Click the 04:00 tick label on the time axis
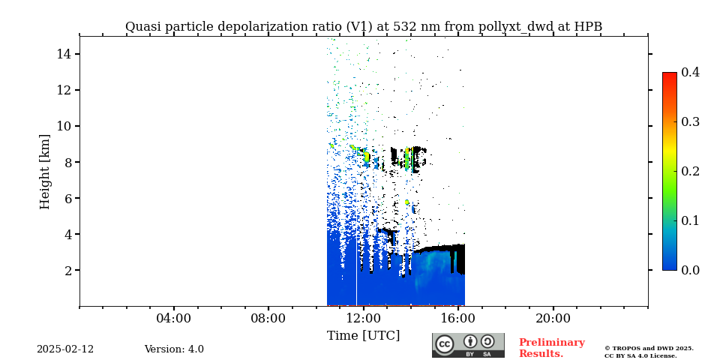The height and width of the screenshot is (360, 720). click(x=174, y=318)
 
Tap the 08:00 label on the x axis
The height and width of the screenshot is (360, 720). click(x=268, y=318)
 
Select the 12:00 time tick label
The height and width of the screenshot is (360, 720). click(x=364, y=318)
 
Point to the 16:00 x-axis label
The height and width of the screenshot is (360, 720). click(x=458, y=318)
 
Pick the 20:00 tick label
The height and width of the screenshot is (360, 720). click(x=553, y=318)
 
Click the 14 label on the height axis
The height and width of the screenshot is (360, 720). click(x=63, y=54)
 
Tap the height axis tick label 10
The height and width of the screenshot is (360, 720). click(x=63, y=126)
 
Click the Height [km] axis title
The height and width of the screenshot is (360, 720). click(x=45, y=171)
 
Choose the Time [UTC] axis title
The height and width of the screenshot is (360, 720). click(x=364, y=335)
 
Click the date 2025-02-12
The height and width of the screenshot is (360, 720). click(x=65, y=349)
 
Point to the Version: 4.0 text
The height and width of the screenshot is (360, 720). click(x=174, y=349)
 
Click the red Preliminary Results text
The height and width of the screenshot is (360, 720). click(x=551, y=348)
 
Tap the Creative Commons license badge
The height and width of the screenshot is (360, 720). click(x=468, y=345)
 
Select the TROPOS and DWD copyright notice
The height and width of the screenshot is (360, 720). click(x=649, y=352)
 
